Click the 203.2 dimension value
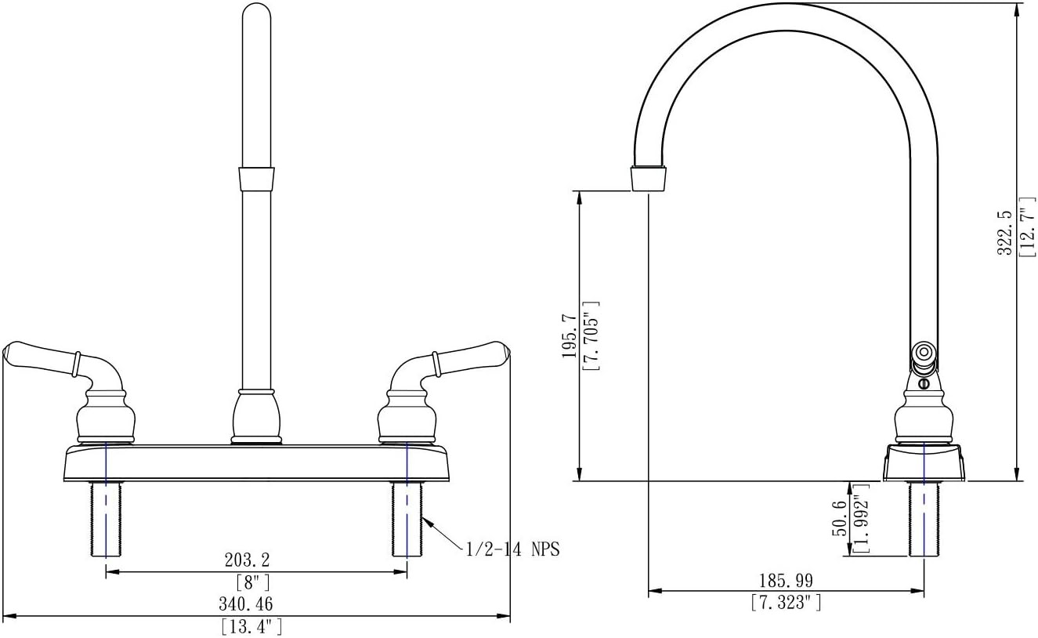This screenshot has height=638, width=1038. click(x=247, y=560)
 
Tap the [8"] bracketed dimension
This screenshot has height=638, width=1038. click(x=253, y=582)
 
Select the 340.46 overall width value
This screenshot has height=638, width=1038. click(x=246, y=604)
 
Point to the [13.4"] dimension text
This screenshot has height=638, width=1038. click(x=252, y=627)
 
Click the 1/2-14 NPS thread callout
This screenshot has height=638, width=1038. click(x=513, y=549)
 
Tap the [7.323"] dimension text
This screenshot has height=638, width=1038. click(x=787, y=602)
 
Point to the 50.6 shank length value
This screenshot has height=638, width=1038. click(x=839, y=518)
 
